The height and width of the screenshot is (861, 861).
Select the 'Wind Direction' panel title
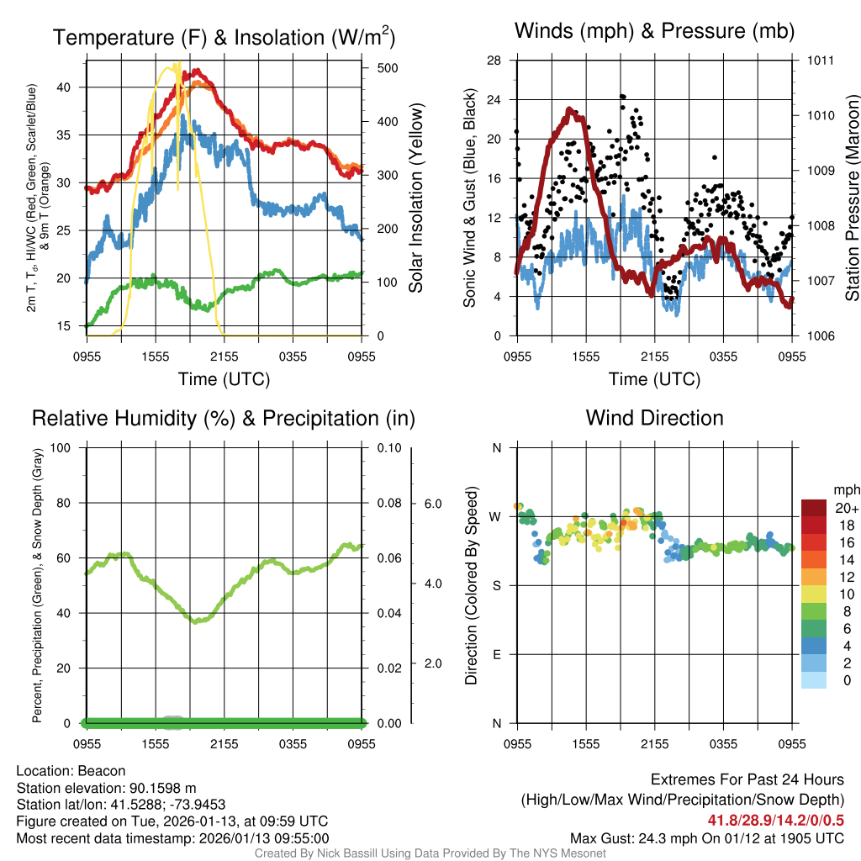click(x=654, y=418)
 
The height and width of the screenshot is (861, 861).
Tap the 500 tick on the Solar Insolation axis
click(x=377, y=68)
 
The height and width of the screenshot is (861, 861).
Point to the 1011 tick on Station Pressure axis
click(x=821, y=61)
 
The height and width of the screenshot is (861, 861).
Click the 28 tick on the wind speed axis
click(x=494, y=61)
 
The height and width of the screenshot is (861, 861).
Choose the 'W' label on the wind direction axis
click(x=496, y=516)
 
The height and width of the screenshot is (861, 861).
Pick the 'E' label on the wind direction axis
click(x=496, y=654)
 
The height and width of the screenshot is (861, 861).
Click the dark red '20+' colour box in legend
click(x=815, y=509)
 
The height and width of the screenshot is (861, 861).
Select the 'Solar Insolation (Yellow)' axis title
click(x=416, y=198)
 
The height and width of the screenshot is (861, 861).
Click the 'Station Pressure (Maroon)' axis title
click(x=852, y=198)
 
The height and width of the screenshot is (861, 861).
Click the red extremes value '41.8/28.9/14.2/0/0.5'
click(x=775, y=821)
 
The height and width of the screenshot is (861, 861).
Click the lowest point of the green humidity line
click(x=195, y=622)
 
